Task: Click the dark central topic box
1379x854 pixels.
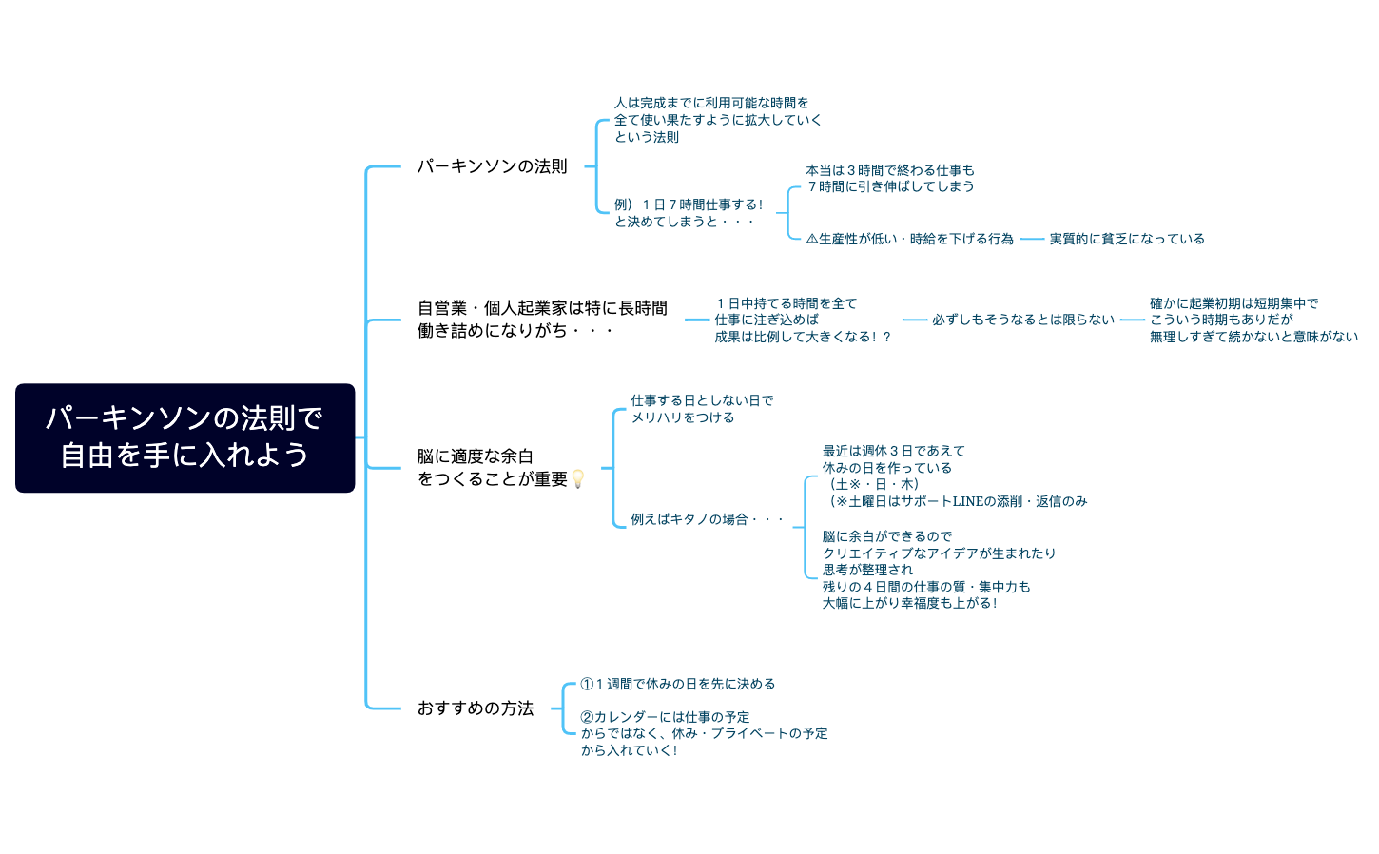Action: click(185, 437)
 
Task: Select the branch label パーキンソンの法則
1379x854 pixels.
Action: click(492, 166)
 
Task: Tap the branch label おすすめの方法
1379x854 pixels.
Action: click(476, 708)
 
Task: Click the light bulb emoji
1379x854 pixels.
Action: click(577, 478)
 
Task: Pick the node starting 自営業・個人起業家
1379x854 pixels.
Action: click(542, 320)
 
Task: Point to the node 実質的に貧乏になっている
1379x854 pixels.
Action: click(1127, 239)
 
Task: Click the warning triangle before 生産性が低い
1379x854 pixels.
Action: click(812, 240)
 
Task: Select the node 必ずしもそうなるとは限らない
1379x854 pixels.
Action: click(1023, 320)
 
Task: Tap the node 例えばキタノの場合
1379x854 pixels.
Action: click(707, 519)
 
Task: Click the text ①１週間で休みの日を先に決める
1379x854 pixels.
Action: click(678, 684)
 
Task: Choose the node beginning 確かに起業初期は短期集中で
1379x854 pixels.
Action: click(1253, 320)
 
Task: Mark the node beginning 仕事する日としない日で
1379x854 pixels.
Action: click(702, 409)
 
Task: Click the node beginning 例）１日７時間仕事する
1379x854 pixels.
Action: click(689, 212)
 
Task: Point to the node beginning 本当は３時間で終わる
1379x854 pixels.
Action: click(890, 179)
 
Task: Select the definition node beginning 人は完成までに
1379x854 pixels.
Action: click(717, 120)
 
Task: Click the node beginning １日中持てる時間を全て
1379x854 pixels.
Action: click(803, 320)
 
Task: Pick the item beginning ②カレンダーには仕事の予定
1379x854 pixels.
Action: click(704, 733)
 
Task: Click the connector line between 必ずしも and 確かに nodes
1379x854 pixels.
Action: click(1132, 320)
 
